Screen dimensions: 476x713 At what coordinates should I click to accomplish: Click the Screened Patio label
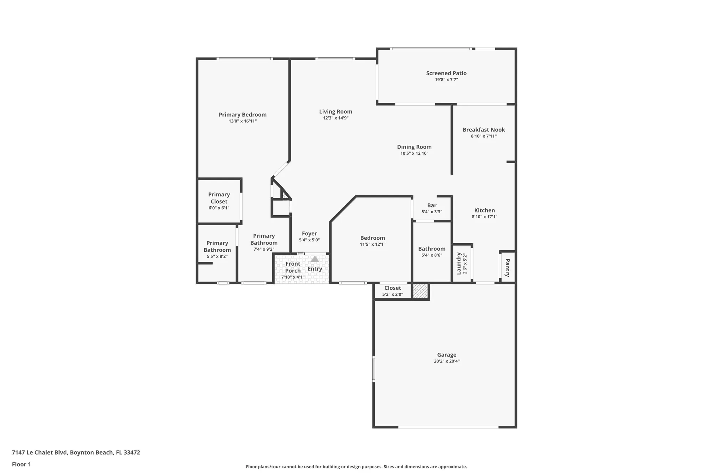click(x=446, y=73)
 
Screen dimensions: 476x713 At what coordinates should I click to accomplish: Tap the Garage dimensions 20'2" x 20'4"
click(x=446, y=361)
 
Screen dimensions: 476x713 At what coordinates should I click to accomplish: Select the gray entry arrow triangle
click(x=314, y=259)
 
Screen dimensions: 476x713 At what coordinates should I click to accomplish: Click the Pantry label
click(x=507, y=267)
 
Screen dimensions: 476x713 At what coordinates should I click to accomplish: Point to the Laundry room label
click(x=459, y=264)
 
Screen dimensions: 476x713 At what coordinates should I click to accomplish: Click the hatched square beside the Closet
click(x=420, y=291)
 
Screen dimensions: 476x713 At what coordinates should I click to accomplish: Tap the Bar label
click(x=432, y=205)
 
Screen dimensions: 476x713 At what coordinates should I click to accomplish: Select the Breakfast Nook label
click(x=483, y=130)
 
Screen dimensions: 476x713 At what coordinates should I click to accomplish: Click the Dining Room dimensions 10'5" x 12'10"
click(x=414, y=153)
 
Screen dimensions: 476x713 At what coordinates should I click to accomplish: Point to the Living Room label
click(x=335, y=111)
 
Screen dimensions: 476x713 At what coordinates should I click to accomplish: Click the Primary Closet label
click(x=219, y=198)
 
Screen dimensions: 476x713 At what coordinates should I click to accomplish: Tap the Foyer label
click(x=309, y=234)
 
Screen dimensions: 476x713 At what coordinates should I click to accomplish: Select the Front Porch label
click(x=293, y=267)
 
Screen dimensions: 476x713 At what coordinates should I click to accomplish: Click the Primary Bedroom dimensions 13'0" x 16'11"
click(x=242, y=121)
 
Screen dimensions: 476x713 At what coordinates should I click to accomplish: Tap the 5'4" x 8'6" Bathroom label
click(x=432, y=249)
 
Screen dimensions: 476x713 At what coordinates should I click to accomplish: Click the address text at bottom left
click(x=76, y=452)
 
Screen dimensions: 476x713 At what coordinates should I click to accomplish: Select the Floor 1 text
click(x=21, y=464)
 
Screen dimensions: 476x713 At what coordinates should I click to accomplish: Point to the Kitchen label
click(x=484, y=210)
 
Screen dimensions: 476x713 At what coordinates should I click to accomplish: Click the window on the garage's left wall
click(x=374, y=369)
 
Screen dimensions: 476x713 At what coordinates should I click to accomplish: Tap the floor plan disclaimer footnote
click(x=356, y=467)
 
